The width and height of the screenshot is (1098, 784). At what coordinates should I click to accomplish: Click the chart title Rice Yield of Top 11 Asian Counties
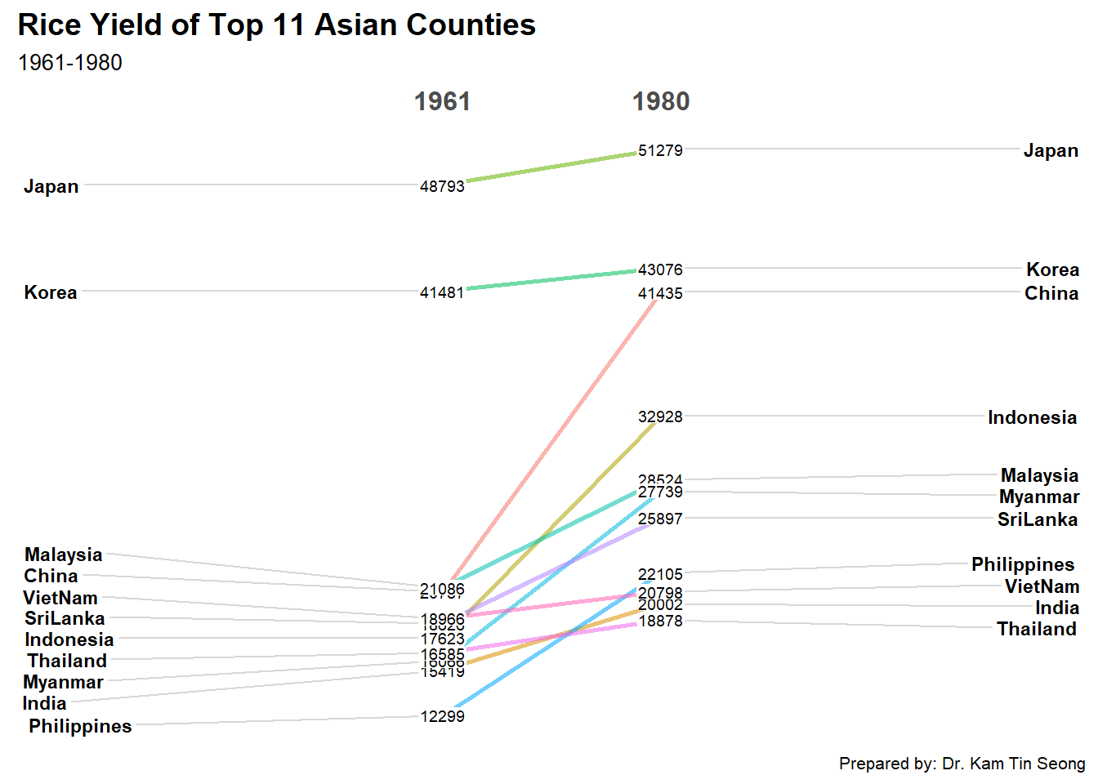point(276,25)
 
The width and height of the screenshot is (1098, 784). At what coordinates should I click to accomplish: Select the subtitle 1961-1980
point(69,63)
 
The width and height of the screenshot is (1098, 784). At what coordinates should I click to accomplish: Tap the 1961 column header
point(442,101)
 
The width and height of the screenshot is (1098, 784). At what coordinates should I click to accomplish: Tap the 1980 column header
point(661,101)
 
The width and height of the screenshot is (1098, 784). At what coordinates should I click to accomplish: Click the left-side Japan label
point(51,186)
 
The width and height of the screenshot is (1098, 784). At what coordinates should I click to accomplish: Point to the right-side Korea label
point(1052,269)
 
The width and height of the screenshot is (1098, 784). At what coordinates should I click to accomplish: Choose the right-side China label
point(1051,293)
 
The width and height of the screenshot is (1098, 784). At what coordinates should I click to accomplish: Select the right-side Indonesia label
point(1032,417)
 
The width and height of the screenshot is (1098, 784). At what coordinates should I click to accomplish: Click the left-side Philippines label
point(80,726)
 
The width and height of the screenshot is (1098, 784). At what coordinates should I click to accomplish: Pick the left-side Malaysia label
point(64,555)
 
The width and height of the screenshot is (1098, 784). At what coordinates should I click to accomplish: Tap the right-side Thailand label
point(1036,629)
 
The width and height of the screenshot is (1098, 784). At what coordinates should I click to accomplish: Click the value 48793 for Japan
point(442,186)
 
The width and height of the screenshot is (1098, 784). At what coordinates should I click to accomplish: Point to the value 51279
point(660,150)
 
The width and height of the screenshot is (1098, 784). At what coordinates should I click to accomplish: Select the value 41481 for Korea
point(442,292)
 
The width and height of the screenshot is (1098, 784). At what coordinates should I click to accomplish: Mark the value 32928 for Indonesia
point(660,416)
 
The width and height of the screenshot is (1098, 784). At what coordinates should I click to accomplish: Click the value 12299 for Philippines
point(442,716)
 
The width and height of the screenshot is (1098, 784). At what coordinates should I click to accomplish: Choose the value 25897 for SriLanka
point(660,519)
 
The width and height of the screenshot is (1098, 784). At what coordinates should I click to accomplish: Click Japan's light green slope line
point(551,167)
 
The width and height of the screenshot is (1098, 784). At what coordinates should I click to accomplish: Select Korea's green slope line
point(551,279)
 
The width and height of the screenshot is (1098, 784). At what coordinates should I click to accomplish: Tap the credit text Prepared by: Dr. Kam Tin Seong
point(962,764)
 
